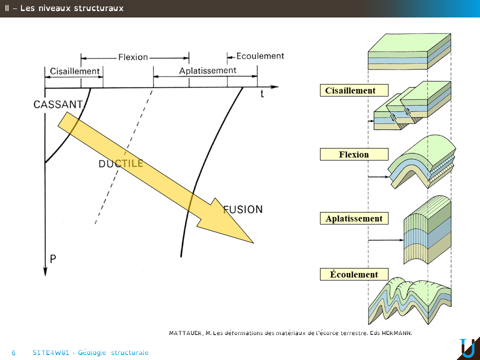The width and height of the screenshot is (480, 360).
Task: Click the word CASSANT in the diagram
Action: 58,104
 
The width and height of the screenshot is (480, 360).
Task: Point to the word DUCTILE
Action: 121,163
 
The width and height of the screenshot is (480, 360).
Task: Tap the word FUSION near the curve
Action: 243,209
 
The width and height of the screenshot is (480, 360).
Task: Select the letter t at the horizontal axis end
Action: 262,93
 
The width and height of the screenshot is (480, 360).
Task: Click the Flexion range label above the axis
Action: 133,57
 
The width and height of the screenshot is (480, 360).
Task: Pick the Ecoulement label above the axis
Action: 260,56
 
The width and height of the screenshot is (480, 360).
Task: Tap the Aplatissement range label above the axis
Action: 207,70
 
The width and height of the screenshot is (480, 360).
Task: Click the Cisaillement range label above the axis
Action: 74,71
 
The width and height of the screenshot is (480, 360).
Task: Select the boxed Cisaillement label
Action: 354,90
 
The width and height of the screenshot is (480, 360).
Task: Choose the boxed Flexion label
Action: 354,154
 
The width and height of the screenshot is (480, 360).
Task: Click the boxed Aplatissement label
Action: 354,218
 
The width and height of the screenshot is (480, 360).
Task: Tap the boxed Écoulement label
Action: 354,274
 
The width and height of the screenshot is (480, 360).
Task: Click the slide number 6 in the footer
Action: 13,352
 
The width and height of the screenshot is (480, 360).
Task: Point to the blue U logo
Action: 467,348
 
